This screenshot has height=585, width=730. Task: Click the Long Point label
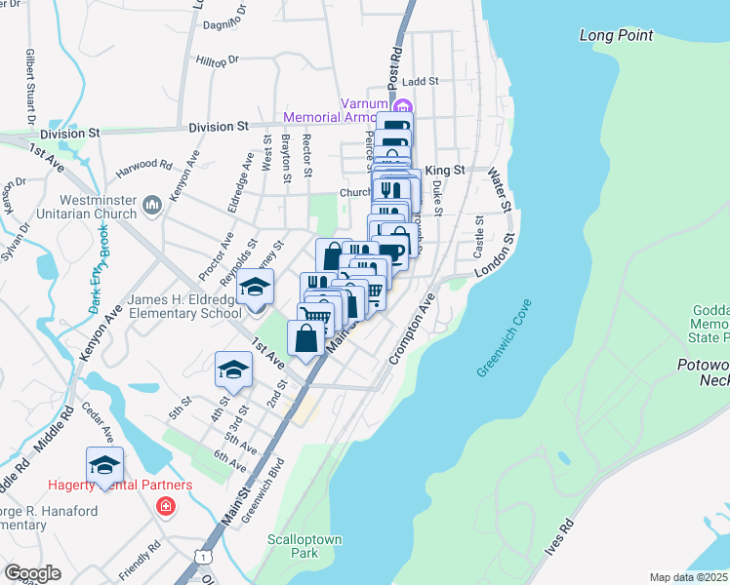point(616,35)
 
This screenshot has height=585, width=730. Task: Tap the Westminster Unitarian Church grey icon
point(151,205)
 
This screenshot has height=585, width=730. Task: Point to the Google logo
point(32,572)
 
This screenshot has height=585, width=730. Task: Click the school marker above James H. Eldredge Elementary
point(256,289)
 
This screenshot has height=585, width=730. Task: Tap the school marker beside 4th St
point(233,370)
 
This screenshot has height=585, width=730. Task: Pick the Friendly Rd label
point(141,563)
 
